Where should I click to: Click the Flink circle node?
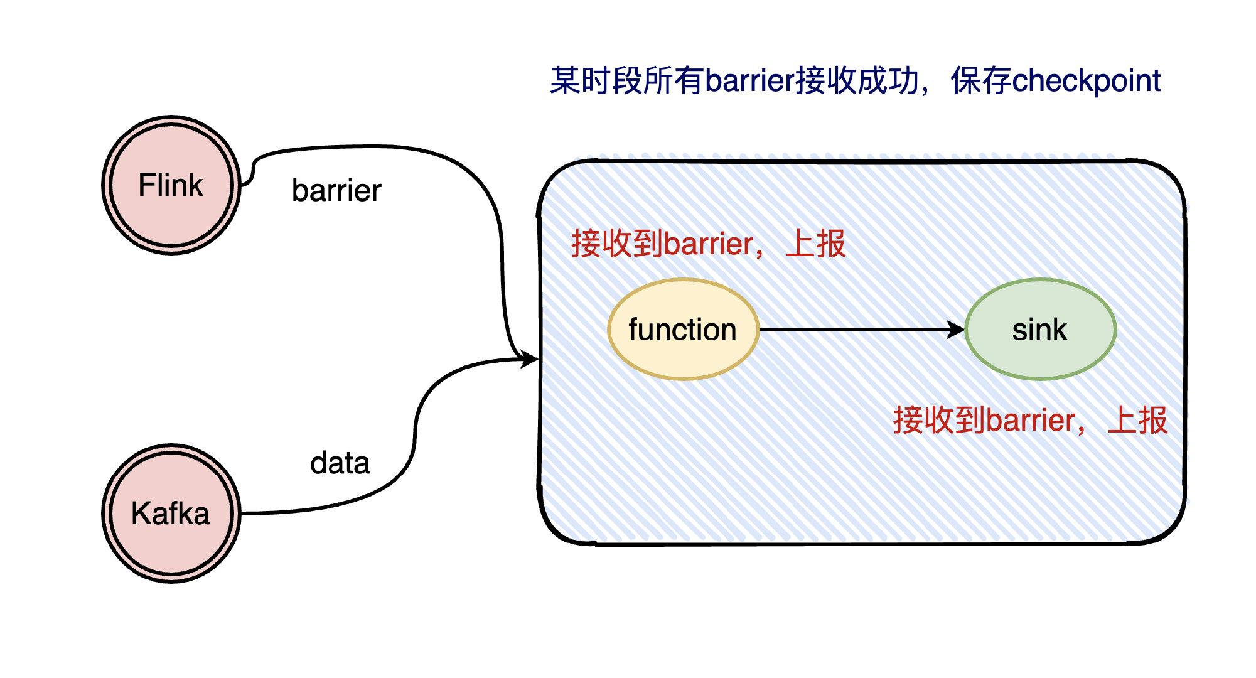point(171,185)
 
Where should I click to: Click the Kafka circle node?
point(171,514)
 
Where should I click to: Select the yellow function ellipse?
point(683,330)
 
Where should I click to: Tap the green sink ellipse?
point(1039,330)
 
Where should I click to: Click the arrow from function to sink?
point(860,329)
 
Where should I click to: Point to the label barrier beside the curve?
point(336,190)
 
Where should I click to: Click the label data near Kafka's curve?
point(340,463)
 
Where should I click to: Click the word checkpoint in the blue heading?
point(1086,81)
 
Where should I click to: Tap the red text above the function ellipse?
point(708,244)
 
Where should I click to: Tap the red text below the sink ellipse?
point(1029,420)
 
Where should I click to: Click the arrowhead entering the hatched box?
point(530,360)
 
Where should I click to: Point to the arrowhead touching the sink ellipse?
point(957,329)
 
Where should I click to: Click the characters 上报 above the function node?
point(815,244)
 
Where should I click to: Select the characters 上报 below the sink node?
point(1137,420)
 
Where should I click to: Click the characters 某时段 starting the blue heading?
point(595,81)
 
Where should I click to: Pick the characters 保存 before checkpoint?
point(980,81)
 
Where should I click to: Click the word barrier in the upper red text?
point(708,244)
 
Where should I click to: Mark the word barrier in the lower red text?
point(1030,421)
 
